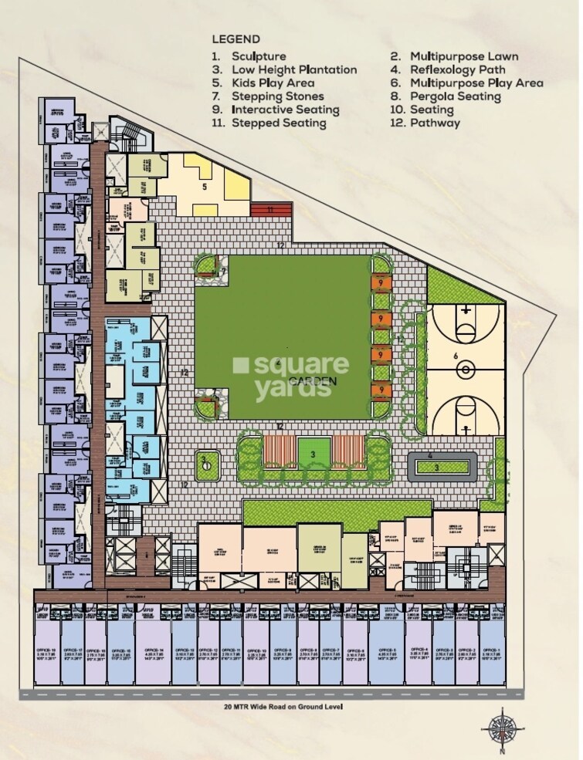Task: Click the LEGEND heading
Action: tap(235, 39)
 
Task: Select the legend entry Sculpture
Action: tap(258, 56)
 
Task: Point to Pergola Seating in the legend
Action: tap(456, 96)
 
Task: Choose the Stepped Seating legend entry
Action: tap(278, 123)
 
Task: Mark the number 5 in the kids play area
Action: tap(205, 186)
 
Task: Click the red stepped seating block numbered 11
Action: tap(270, 208)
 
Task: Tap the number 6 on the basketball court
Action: tap(456, 356)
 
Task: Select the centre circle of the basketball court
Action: tap(466, 370)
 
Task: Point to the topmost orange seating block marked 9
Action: tap(381, 283)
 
